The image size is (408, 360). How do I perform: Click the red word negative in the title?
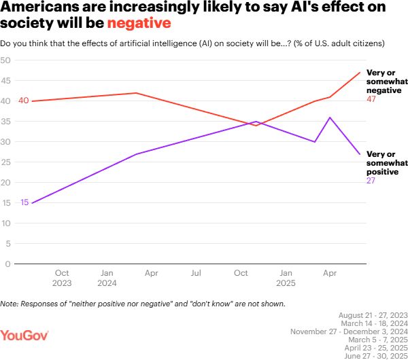(x=138, y=23)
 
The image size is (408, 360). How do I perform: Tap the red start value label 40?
(x=23, y=101)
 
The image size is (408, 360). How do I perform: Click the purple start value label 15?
(x=25, y=202)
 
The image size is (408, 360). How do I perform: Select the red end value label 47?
(x=371, y=99)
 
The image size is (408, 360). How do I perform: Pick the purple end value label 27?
(x=371, y=181)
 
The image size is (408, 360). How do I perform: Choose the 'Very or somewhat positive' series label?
(x=386, y=163)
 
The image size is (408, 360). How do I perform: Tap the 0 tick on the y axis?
(x=7, y=264)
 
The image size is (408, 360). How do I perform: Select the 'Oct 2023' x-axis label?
(x=61, y=278)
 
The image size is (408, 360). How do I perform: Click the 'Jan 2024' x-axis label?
(x=106, y=278)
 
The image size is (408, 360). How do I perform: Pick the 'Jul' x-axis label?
(x=196, y=273)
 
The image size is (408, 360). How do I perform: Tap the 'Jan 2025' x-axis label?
(x=286, y=278)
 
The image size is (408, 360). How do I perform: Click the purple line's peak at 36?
(x=330, y=118)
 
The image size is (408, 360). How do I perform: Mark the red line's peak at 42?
(x=137, y=93)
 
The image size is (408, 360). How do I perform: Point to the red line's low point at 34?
(x=256, y=126)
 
